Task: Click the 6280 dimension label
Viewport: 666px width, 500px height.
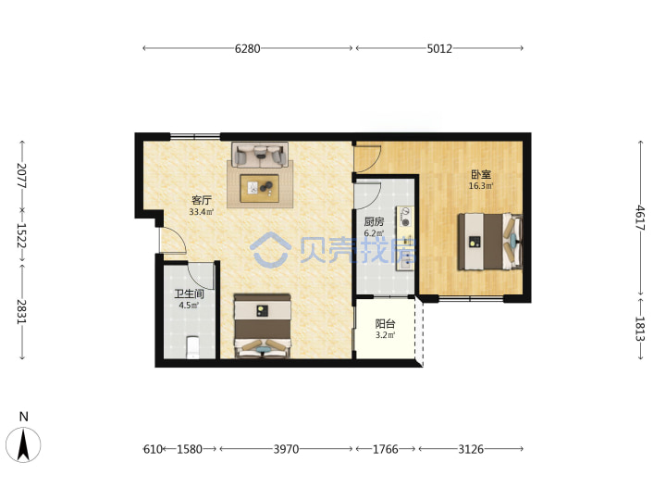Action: (x=247, y=48)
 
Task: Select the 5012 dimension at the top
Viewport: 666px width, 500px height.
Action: (x=439, y=48)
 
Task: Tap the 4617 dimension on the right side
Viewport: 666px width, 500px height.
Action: (x=640, y=218)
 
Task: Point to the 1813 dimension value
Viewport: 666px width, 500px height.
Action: (x=640, y=329)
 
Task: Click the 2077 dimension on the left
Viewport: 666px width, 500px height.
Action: (x=22, y=176)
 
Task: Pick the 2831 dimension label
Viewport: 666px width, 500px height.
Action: (x=22, y=312)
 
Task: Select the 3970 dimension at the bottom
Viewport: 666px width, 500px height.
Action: (x=286, y=449)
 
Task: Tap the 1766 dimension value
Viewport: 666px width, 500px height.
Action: (x=385, y=449)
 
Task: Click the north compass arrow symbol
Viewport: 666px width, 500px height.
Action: (x=23, y=444)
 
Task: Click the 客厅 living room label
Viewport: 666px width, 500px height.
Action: (x=202, y=200)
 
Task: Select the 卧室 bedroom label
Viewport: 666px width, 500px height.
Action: (x=481, y=174)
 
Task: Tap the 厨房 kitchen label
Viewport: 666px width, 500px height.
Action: (x=374, y=221)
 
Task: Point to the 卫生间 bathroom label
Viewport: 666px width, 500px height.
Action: (x=189, y=294)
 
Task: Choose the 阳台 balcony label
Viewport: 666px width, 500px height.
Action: (x=385, y=323)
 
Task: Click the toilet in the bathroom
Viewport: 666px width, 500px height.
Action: (x=192, y=347)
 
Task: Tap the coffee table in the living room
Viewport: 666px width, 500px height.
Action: (x=260, y=188)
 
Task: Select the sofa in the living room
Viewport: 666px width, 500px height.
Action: (x=260, y=155)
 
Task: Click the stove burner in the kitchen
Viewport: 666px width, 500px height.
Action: (x=406, y=221)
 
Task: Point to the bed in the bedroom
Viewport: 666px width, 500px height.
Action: (x=489, y=242)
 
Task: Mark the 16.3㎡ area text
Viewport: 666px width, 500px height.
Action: (x=481, y=186)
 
